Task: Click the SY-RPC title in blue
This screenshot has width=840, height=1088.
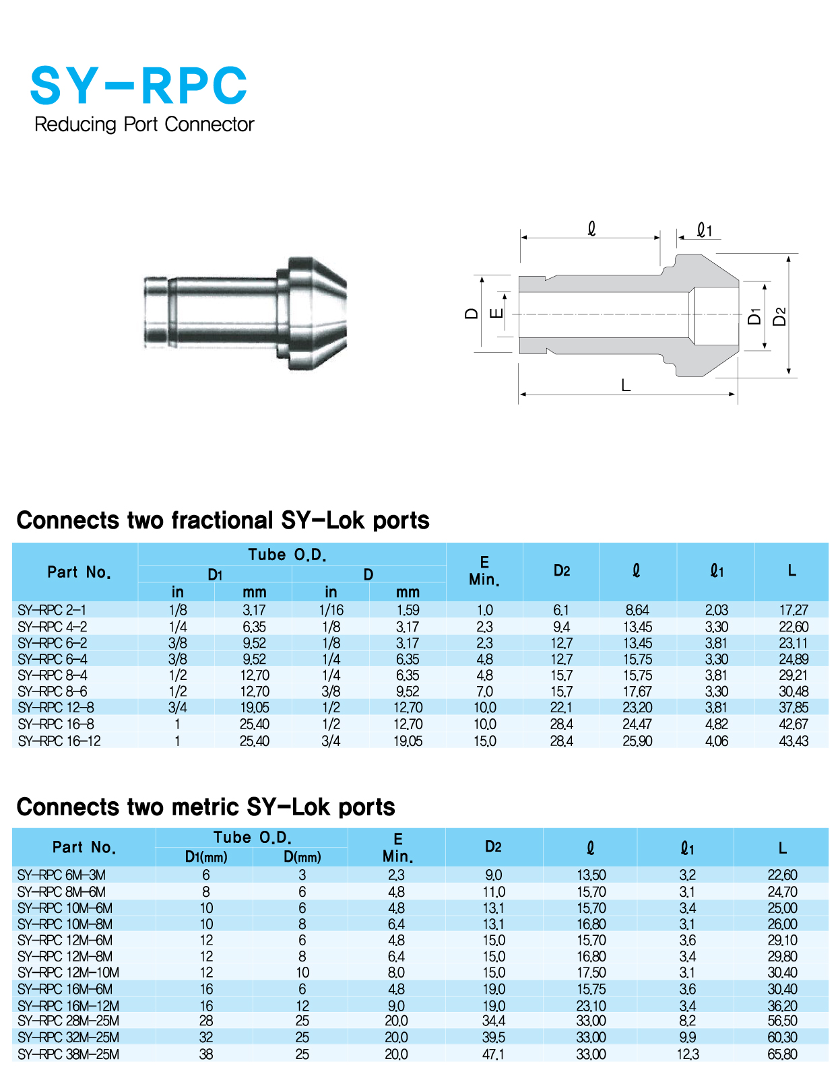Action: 139,86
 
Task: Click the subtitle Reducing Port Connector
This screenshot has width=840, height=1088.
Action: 144,125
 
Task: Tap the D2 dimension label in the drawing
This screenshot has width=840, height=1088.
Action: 779,316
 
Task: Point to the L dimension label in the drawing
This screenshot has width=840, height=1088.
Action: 626,385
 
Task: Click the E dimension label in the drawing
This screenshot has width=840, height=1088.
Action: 496,313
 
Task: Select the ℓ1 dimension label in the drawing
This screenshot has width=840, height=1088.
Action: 705,231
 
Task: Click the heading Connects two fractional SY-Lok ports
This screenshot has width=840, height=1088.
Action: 223,520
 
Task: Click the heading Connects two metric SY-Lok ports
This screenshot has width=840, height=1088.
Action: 205,807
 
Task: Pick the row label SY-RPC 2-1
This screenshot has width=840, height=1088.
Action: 52,610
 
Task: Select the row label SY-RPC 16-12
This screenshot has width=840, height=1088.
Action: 59,741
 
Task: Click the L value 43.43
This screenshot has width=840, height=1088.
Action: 793,741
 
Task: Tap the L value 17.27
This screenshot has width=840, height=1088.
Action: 793,610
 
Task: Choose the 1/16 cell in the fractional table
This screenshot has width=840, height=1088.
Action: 331,610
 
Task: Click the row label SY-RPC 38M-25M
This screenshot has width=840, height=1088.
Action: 68,1054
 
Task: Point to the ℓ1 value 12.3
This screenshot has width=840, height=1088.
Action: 687,1054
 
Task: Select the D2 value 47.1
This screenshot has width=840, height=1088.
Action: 493,1054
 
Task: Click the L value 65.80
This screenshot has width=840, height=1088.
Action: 782,1054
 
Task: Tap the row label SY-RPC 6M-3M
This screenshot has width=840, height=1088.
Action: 61,875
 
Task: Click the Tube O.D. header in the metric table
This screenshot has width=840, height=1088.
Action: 252,838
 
